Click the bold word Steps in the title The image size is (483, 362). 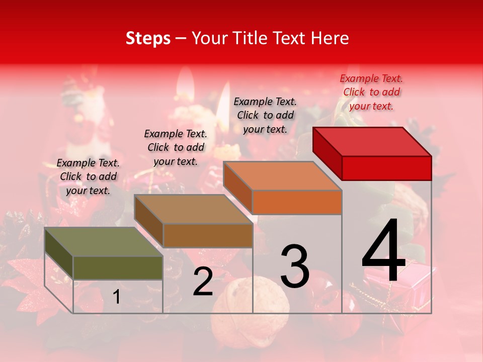point(148,38)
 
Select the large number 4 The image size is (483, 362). point(383,251)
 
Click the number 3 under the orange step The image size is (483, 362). point(294,266)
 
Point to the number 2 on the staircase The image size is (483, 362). point(203,282)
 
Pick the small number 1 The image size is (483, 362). point(116,297)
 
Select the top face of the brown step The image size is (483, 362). point(193,209)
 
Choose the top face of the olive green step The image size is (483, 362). point(104,242)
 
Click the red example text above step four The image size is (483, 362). point(371,92)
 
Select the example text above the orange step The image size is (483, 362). point(265,115)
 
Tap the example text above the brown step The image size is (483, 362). point(176,147)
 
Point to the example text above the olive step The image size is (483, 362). point(88,176)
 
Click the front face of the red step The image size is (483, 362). point(386,168)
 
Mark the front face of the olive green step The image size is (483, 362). point(118,267)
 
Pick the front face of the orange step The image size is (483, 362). point(297,202)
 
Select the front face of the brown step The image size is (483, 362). point(207,235)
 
